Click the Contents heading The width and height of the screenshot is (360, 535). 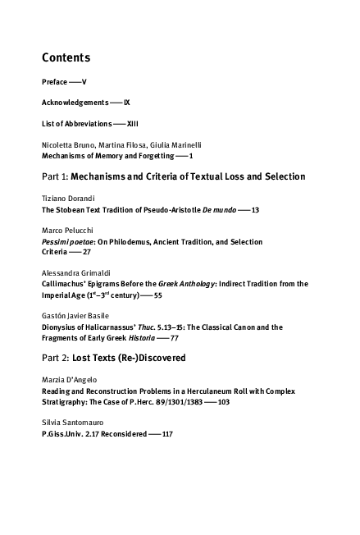[66, 58]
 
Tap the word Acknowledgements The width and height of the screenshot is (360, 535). [75, 103]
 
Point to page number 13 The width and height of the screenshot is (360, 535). [255, 210]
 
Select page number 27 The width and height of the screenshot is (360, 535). [86, 253]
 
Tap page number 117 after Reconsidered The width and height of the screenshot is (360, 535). [167, 433]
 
